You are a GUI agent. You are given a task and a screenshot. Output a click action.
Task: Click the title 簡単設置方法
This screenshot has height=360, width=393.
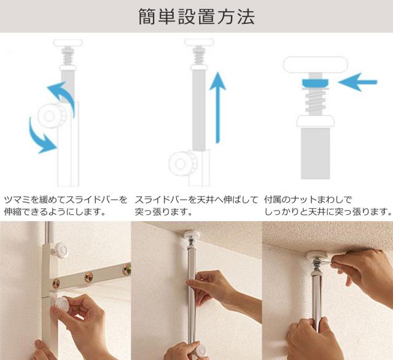pyautogui.click(x=196, y=17)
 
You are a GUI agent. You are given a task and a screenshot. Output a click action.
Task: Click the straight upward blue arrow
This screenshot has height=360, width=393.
pyautogui.click(x=217, y=108)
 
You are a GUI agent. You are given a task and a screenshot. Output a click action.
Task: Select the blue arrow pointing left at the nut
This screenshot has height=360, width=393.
pyautogui.click(x=357, y=82)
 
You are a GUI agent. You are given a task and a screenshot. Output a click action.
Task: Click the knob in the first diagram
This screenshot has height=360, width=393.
pyautogui.click(x=52, y=116)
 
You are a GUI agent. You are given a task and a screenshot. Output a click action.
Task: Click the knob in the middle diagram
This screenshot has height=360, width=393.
pyautogui.click(x=182, y=163)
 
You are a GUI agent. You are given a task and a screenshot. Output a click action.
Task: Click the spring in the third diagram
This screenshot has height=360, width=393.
pyautogui.click(x=316, y=101)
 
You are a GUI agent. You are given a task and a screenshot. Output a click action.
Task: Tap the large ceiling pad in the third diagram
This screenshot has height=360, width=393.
pyautogui.click(x=316, y=65)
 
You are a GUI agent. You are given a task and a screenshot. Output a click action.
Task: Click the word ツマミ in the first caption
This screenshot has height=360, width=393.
pyautogui.click(x=17, y=200)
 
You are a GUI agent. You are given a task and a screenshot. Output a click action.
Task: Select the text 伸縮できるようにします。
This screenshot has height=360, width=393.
pyautogui.click(x=55, y=212)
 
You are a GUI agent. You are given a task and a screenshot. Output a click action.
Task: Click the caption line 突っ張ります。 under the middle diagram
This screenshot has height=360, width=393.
pyautogui.click(x=164, y=212)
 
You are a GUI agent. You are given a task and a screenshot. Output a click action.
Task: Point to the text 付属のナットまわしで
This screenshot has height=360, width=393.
pyautogui.click(x=308, y=200)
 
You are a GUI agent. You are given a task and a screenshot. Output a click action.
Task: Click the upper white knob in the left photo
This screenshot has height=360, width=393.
pyautogui.click(x=61, y=250)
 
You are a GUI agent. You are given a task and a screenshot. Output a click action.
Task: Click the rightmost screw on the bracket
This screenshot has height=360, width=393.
pyautogui.click(x=127, y=270)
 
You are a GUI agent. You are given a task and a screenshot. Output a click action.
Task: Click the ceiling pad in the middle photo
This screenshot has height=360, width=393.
pyautogui.click(x=192, y=235)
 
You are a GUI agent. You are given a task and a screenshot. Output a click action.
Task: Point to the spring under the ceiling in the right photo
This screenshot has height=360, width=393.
pyautogui.click(x=317, y=266)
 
